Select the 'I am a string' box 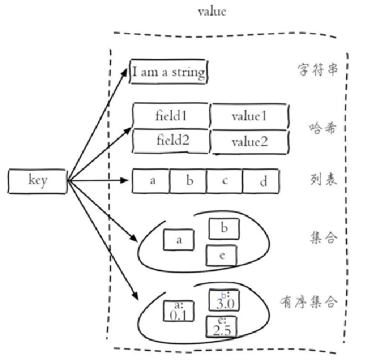click(168, 72)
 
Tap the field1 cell click(171, 115)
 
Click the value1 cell click(249, 115)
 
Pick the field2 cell click(171, 140)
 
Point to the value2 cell click(249, 141)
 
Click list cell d click(262, 181)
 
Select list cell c click(224, 180)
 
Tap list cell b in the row click(189, 180)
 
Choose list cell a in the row click(151, 180)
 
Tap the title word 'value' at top click(212, 12)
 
